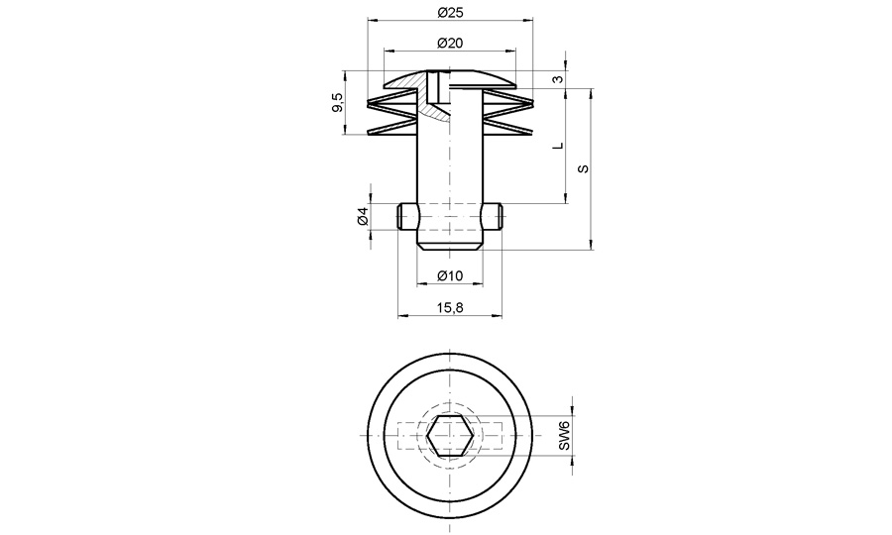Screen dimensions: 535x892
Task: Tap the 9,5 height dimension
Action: point(338,102)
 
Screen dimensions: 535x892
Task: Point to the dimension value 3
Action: point(559,79)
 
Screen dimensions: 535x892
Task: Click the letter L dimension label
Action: point(558,146)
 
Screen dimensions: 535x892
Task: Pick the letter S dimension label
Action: point(584,169)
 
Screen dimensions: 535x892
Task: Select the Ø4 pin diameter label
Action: point(363,216)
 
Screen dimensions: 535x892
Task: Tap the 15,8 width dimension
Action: point(451,308)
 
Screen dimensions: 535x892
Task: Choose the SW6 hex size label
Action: point(563,437)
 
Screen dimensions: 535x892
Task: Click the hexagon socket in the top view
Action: point(451,437)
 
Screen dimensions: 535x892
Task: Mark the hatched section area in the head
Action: point(429,104)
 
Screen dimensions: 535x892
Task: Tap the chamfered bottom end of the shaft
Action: point(451,243)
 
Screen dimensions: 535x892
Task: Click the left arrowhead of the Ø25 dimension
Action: point(372,20)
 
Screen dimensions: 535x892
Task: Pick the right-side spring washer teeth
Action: point(507,115)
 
